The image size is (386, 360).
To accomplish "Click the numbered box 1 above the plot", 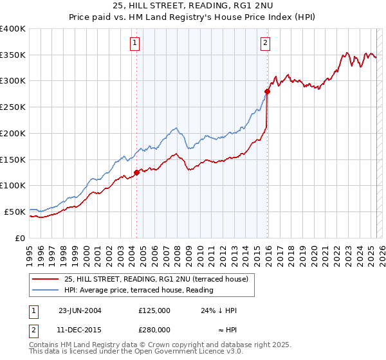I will point(135,44).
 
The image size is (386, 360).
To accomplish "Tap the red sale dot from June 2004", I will point(136,172).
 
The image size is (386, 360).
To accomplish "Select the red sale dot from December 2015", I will point(267,92).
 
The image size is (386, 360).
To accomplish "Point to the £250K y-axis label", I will point(13,107).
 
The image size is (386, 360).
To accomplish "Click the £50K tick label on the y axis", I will point(15,212).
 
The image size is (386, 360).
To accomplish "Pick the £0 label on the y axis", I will point(20,238).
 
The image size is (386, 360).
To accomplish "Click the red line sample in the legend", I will point(45,278).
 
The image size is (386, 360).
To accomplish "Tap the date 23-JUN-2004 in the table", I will point(79,310).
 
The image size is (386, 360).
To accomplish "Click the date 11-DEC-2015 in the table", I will point(79,329).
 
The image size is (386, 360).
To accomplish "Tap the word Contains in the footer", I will point(44,345).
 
